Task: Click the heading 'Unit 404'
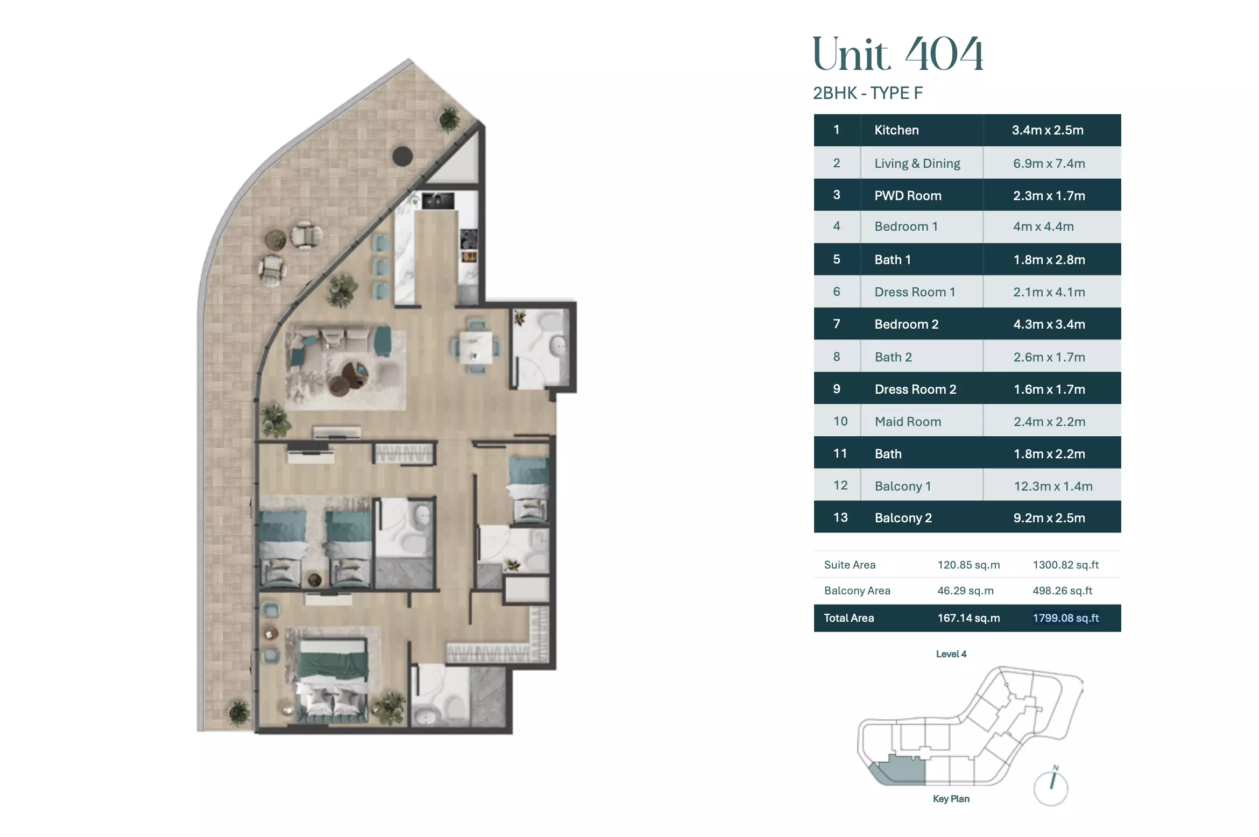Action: (x=897, y=54)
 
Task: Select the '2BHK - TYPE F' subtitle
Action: (x=867, y=93)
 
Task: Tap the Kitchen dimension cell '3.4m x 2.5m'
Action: (x=1048, y=130)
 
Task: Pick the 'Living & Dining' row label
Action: (x=917, y=163)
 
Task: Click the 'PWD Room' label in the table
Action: (x=908, y=195)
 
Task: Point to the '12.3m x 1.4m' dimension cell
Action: (x=1053, y=486)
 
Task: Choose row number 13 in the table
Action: (x=840, y=517)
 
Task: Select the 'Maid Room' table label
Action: (x=908, y=422)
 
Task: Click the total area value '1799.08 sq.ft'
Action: (x=1065, y=618)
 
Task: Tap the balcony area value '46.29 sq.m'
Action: (x=965, y=591)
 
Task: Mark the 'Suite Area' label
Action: (x=850, y=565)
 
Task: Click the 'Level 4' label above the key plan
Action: (x=951, y=654)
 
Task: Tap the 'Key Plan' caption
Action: (x=951, y=799)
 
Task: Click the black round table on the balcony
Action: (x=402, y=157)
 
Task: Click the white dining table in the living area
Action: (x=476, y=347)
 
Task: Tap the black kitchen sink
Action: (x=438, y=201)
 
